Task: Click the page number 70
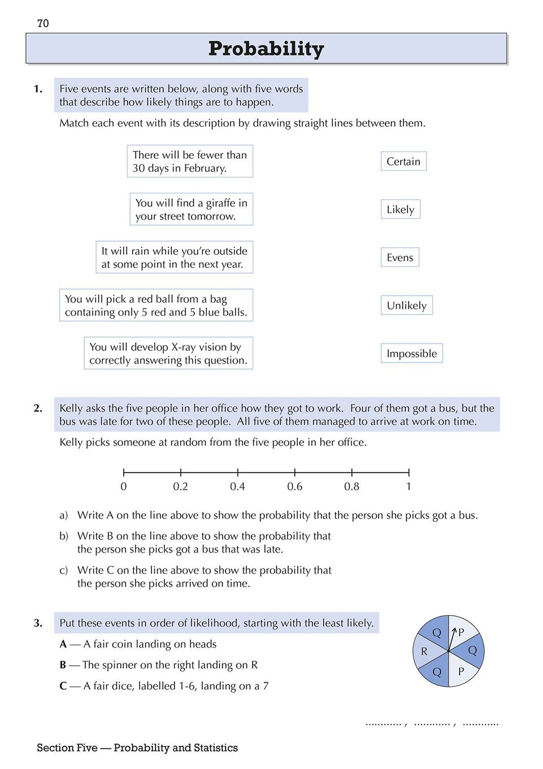tap(43, 23)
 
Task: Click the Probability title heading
tap(266, 49)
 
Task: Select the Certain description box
tap(403, 161)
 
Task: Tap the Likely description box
tap(400, 209)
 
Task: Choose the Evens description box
tap(399, 257)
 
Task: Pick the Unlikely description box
tap(406, 305)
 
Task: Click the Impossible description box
tap(411, 353)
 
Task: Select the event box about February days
tap(190, 161)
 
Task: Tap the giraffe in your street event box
tap(191, 209)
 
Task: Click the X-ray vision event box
tap(168, 353)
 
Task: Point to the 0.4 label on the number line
tap(237, 486)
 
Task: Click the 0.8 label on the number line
tap(351, 486)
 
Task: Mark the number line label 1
tap(409, 486)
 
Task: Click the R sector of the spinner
tap(424, 651)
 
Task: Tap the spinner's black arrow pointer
tap(451, 638)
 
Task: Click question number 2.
tap(38, 408)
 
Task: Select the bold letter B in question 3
tap(63, 665)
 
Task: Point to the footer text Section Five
tap(67, 748)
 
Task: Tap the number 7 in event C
tap(266, 686)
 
